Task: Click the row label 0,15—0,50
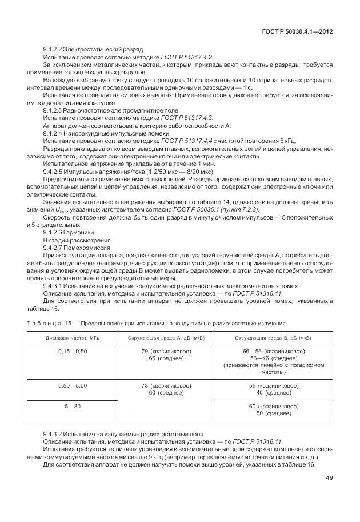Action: [72, 350]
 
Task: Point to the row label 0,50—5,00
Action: [72, 386]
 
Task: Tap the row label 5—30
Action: [72, 405]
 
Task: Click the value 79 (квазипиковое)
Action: [168, 350]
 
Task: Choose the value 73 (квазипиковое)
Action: [168, 386]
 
